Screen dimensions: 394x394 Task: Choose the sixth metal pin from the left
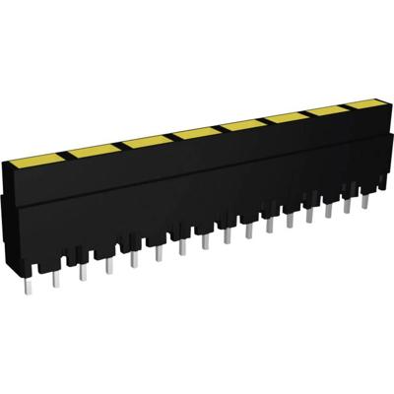[154, 250]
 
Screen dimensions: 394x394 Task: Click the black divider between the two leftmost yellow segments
[63, 153]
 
